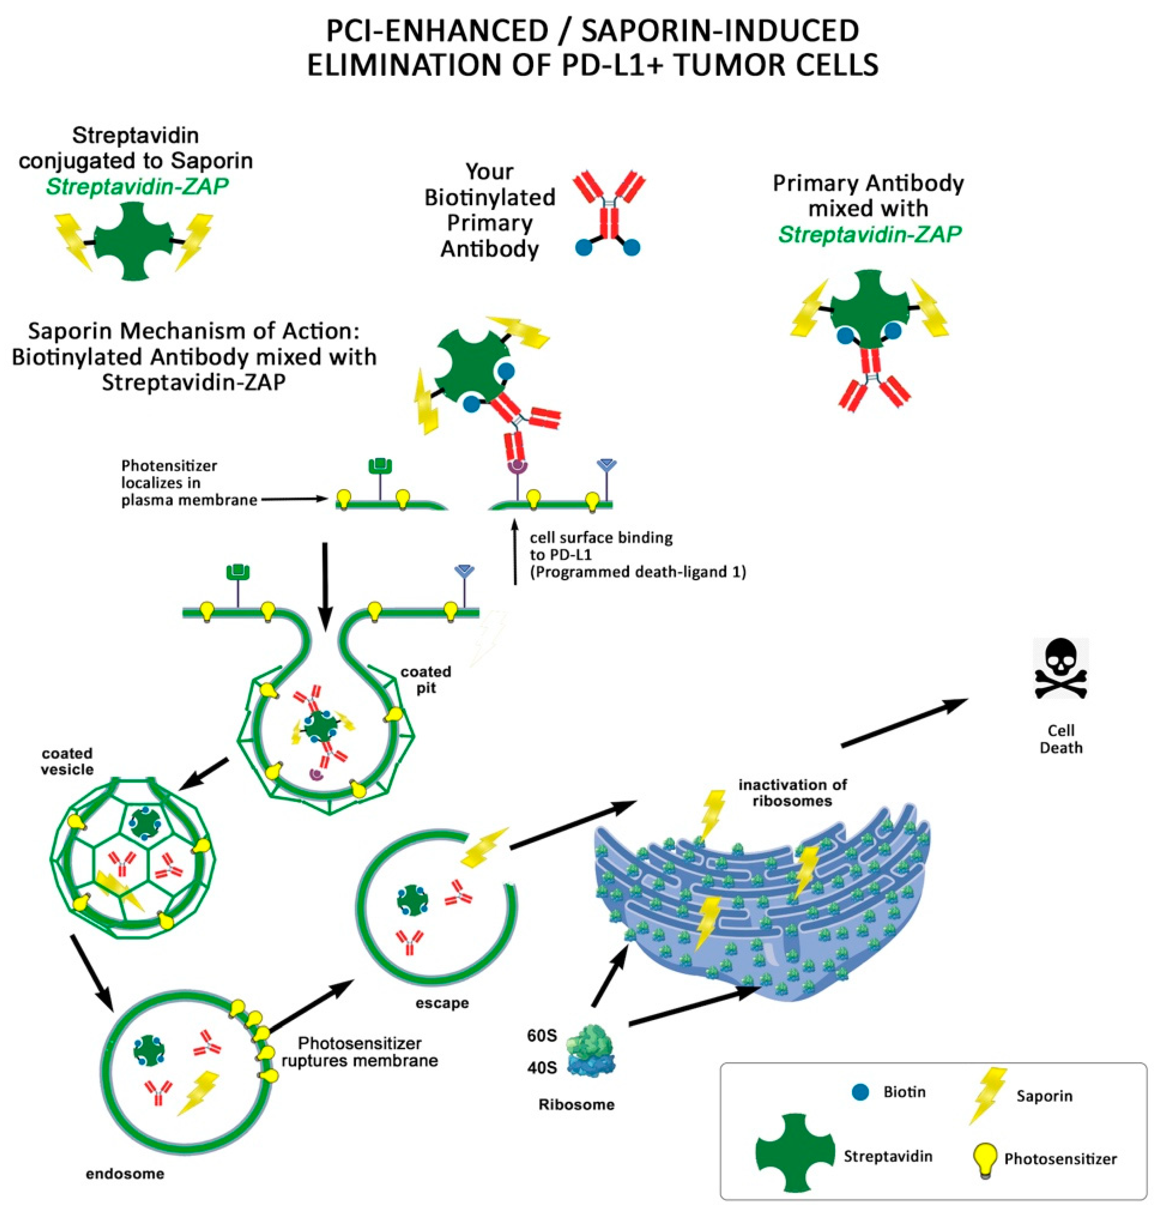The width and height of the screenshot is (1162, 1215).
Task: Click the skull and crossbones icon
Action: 1061,669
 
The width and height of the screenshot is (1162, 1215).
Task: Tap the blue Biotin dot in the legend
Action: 860,1092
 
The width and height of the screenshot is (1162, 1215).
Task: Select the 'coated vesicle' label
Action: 67,761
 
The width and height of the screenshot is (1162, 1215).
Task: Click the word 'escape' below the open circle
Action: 442,1003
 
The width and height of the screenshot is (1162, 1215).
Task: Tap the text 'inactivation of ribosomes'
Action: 792,793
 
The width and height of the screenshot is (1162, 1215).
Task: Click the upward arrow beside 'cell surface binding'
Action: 514,551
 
